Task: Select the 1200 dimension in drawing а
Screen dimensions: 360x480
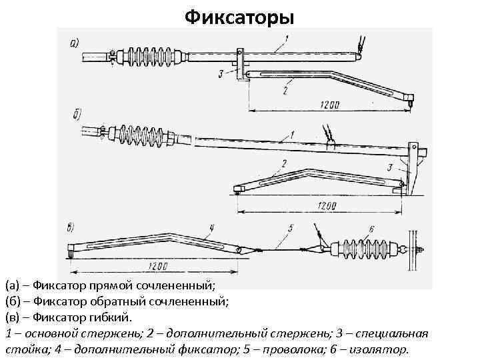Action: pos(329,105)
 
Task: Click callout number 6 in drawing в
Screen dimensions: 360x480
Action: pos(371,229)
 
